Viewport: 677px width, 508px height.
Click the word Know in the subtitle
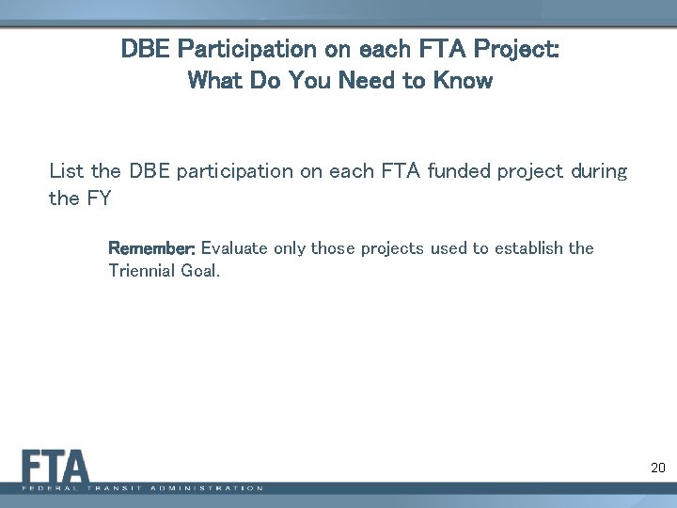[463, 81]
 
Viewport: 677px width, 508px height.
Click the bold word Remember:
[152, 248]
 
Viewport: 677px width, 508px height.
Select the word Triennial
[141, 271]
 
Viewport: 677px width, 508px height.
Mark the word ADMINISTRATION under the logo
[213, 488]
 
